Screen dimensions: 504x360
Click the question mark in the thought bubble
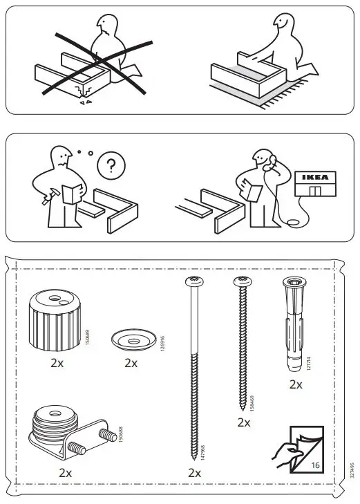pos(108,165)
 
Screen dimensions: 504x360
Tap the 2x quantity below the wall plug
pos(296,384)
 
